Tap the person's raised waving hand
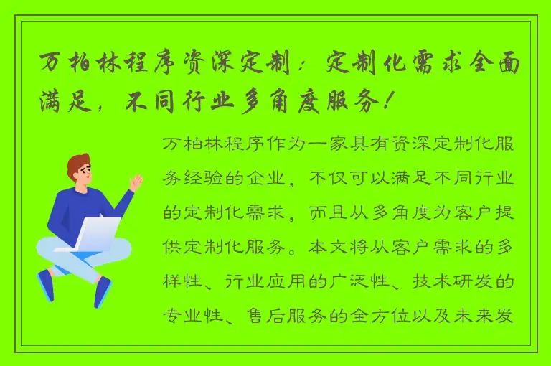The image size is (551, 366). click(x=136, y=182)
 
